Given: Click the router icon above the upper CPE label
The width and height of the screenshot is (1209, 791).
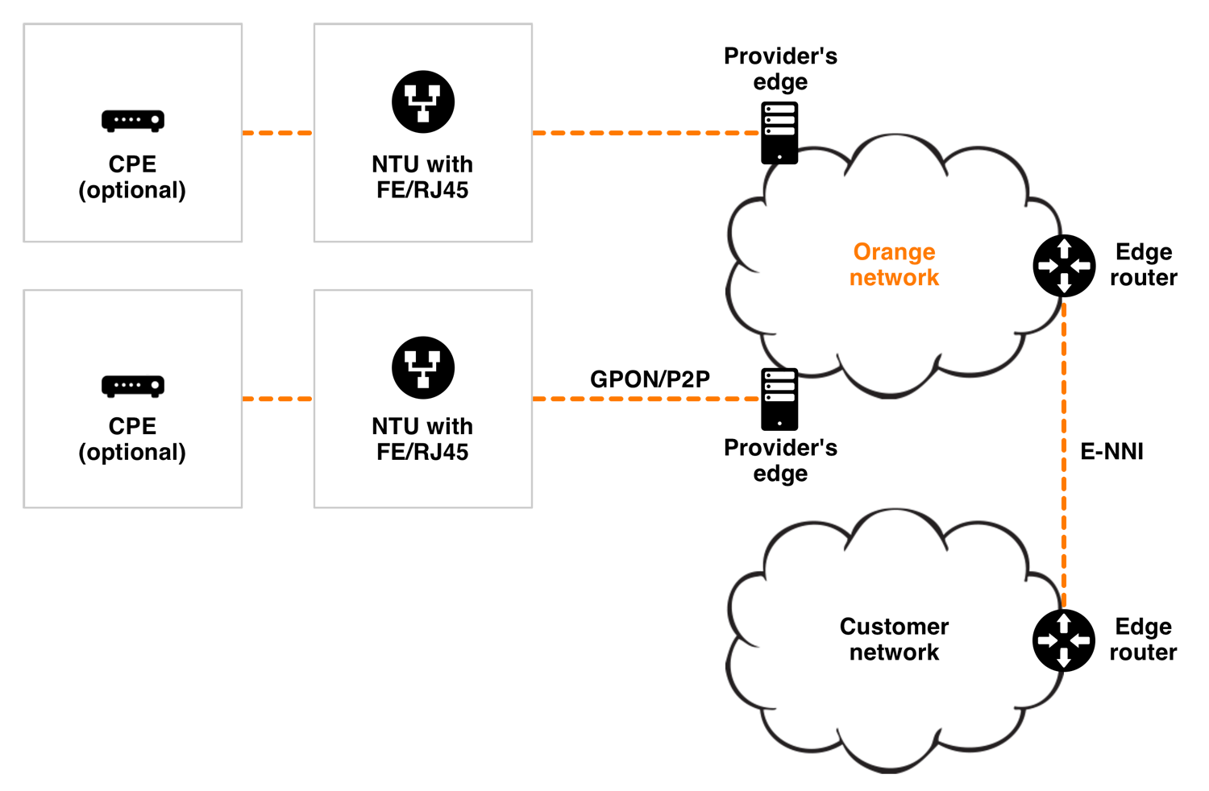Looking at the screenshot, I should tap(133, 121).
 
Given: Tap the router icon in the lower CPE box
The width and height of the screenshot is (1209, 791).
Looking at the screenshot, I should tap(133, 386).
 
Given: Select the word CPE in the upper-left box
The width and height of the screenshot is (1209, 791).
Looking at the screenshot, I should tap(132, 164).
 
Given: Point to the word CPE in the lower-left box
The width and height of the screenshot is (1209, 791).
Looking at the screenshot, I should tap(132, 426).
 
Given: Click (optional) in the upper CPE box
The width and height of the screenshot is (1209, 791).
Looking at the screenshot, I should tap(132, 191).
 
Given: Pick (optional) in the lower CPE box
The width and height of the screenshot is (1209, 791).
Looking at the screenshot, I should tap(132, 453).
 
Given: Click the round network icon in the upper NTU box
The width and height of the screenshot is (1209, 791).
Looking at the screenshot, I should tap(423, 102).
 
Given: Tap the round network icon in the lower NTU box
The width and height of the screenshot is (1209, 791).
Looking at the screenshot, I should tap(423, 367).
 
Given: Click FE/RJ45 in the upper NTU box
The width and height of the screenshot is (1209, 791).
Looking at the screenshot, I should tap(422, 191).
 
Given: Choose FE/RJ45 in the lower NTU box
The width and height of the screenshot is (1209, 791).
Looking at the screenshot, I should tap(422, 453).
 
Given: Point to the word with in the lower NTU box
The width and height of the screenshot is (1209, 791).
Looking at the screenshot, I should tap(450, 426).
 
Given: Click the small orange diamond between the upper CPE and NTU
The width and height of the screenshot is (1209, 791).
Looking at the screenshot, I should tap(278, 133).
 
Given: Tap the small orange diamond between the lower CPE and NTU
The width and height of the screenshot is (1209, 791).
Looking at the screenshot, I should tap(278, 399).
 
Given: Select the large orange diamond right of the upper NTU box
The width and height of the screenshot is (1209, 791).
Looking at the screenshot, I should tap(645, 135).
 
